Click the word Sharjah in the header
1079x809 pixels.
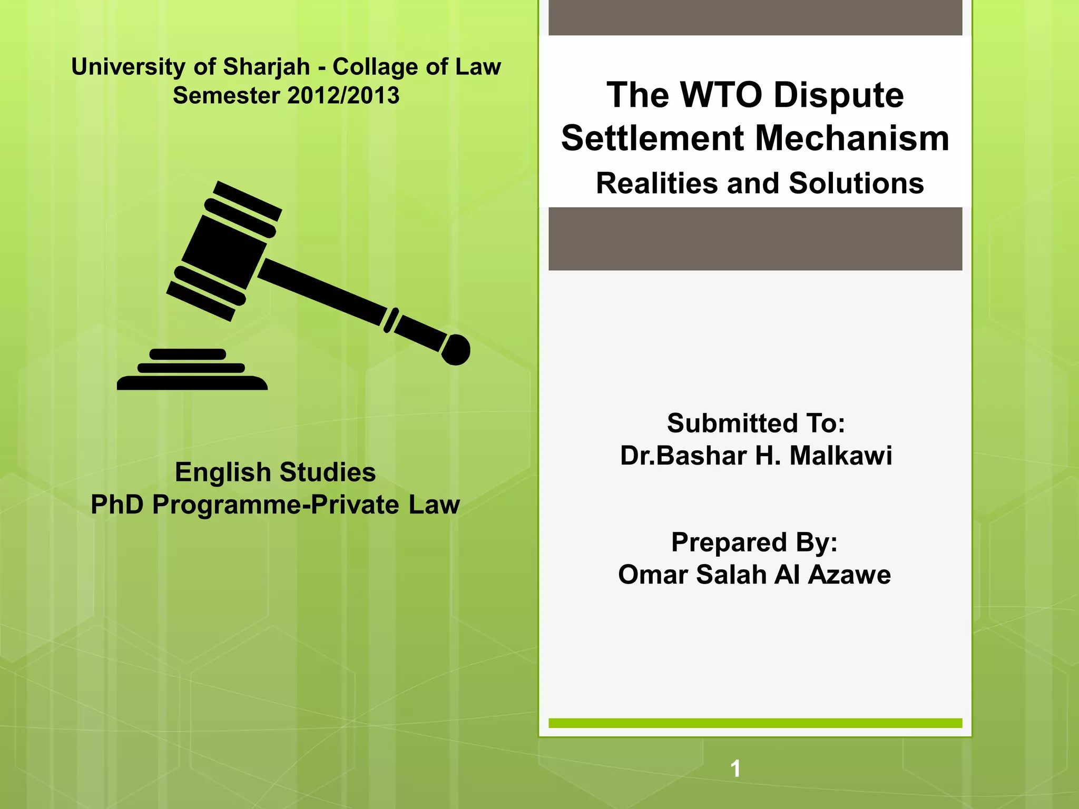[x=266, y=67]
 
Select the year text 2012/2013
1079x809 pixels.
[x=344, y=96]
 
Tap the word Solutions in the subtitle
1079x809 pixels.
[x=856, y=184]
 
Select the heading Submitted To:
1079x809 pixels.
[x=756, y=423]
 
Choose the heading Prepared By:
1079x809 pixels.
[x=754, y=542]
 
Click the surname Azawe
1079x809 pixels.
[x=849, y=575]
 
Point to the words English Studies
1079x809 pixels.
[x=275, y=472]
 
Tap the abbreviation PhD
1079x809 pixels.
[x=117, y=505]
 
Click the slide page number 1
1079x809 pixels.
[x=735, y=769]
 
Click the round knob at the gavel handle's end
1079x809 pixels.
[x=456, y=350]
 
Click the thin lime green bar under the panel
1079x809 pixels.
[x=755, y=723]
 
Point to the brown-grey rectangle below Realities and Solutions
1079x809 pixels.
[x=755, y=239]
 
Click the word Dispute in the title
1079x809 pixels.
[x=839, y=95]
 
